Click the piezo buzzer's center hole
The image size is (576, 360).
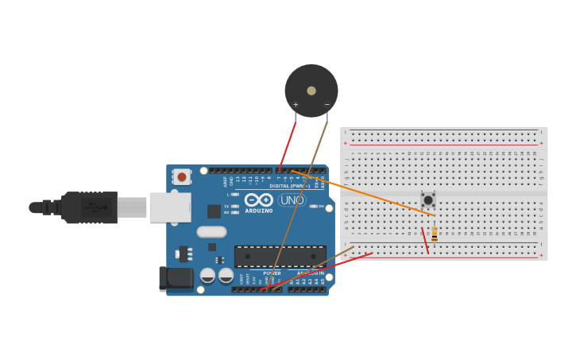(x=311, y=91)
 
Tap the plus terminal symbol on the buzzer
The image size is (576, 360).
(x=296, y=104)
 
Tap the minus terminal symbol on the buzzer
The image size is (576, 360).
(x=327, y=104)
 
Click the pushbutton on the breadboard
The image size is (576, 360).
(x=428, y=199)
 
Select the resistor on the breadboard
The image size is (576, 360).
(x=435, y=234)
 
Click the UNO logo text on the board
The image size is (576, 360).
(x=292, y=200)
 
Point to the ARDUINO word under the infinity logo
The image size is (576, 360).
(x=259, y=211)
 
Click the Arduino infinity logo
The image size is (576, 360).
(x=259, y=199)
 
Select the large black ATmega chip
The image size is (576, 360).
(x=280, y=256)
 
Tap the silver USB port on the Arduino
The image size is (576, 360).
(x=170, y=207)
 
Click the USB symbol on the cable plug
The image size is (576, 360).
(x=95, y=208)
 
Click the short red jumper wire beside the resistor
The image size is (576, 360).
(x=425, y=241)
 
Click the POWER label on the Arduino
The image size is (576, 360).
(x=272, y=273)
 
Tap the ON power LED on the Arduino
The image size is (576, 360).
(x=313, y=206)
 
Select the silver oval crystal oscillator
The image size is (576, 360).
(x=212, y=232)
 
